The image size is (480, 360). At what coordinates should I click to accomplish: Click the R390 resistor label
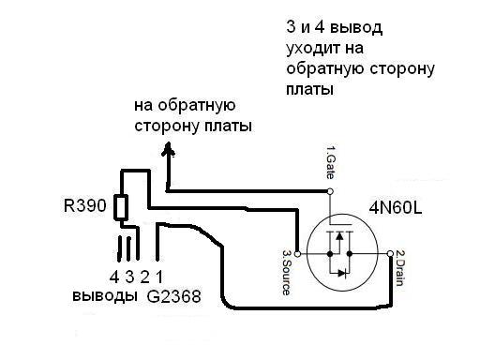coord(85,205)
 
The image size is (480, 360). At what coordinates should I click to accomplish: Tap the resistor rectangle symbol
coord(121,207)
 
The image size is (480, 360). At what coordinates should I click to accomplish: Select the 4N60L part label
coord(396,207)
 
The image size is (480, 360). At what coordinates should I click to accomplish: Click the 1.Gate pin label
coord(330,162)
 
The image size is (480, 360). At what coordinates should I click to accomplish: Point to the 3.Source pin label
coord(286,272)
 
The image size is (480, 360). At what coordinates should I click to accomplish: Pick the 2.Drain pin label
coord(399,268)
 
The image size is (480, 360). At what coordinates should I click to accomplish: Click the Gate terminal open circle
coord(330,191)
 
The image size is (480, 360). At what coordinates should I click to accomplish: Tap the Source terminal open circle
coord(298,254)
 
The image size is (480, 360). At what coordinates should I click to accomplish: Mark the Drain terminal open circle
coord(390,253)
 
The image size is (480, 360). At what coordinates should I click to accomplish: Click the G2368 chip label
coord(173,296)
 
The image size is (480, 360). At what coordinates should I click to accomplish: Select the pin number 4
coord(114,277)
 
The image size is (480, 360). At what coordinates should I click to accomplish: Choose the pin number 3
coord(129,277)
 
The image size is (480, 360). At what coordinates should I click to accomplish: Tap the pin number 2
coord(144,277)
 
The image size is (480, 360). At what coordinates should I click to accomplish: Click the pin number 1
coord(159,277)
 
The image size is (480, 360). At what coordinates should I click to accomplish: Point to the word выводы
coord(105,295)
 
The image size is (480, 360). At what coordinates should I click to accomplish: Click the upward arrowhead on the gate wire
coord(169,149)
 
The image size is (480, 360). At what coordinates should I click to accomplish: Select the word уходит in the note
coord(312,49)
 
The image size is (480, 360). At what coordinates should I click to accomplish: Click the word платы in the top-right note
coord(309,89)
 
